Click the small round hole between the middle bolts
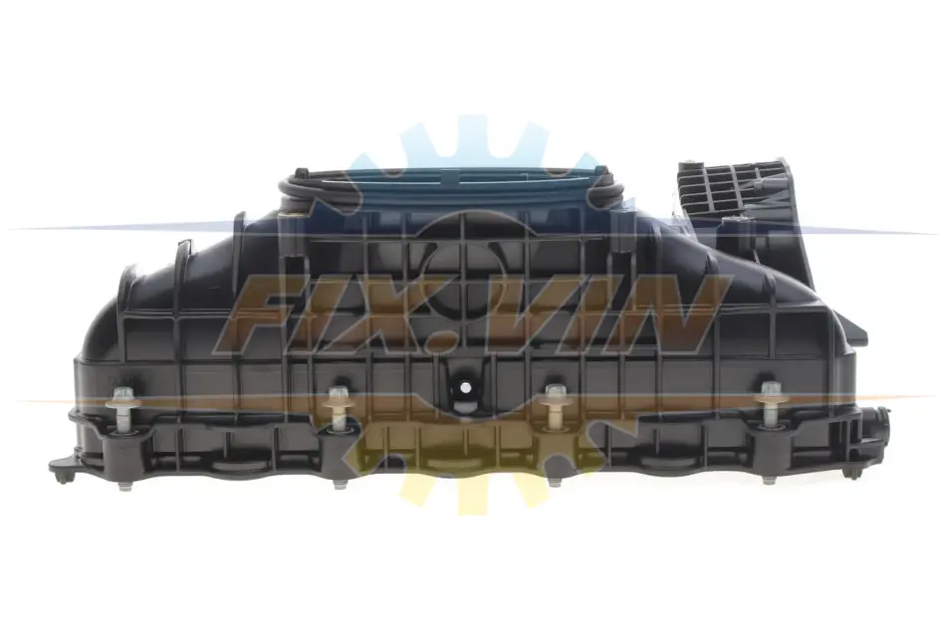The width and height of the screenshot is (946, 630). (x=465, y=387)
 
